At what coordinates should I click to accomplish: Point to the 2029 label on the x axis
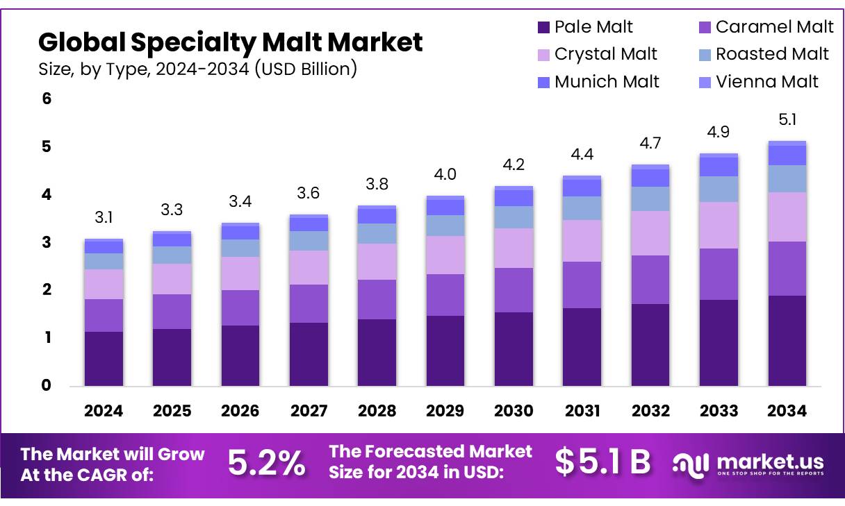[x=445, y=411]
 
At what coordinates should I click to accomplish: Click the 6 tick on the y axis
[x=47, y=99]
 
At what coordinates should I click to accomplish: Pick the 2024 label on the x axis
[x=104, y=411]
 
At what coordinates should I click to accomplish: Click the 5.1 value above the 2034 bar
[x=787, y=120]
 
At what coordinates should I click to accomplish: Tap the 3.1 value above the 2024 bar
[x=104, y=218]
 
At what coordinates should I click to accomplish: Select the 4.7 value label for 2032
[x=650, y=144]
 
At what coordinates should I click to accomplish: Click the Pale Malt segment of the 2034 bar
[x=787, y=341]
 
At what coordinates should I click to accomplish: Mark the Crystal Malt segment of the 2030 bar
[x=514, y=248]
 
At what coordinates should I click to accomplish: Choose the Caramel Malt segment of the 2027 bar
[x=309, y=303]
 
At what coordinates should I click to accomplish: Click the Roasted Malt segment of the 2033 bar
[x=719, y=189]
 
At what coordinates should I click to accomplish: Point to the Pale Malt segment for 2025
[x=172, y=357]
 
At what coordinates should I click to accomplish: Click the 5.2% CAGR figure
[x=266, y=463]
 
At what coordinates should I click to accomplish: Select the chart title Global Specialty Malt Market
[x=230, y=42]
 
